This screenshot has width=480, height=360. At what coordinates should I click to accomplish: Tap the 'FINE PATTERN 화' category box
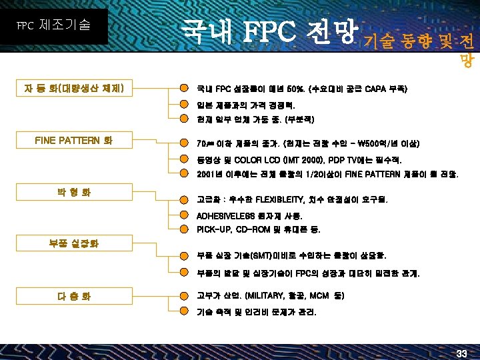click(x=74, y=141)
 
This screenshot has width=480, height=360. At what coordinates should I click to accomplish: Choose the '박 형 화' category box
click(x=74, y=193)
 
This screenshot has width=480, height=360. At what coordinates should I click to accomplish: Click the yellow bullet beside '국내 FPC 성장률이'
click(x=181, y=89)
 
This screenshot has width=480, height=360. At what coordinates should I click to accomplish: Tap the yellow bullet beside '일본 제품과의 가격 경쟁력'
click(x=181, y=105)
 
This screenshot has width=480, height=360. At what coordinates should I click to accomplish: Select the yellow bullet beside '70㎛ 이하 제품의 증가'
click(x=181, y=143)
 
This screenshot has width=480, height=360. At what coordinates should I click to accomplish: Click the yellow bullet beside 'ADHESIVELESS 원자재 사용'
click(x=181, y=216)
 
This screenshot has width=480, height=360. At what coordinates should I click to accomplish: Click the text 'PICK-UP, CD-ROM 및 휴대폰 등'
click(x=259, y=229)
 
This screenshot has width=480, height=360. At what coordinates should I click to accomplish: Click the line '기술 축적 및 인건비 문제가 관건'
click(x=257, y=312)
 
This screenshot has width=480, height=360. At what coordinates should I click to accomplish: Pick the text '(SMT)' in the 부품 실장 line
click(x=245, y=255)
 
